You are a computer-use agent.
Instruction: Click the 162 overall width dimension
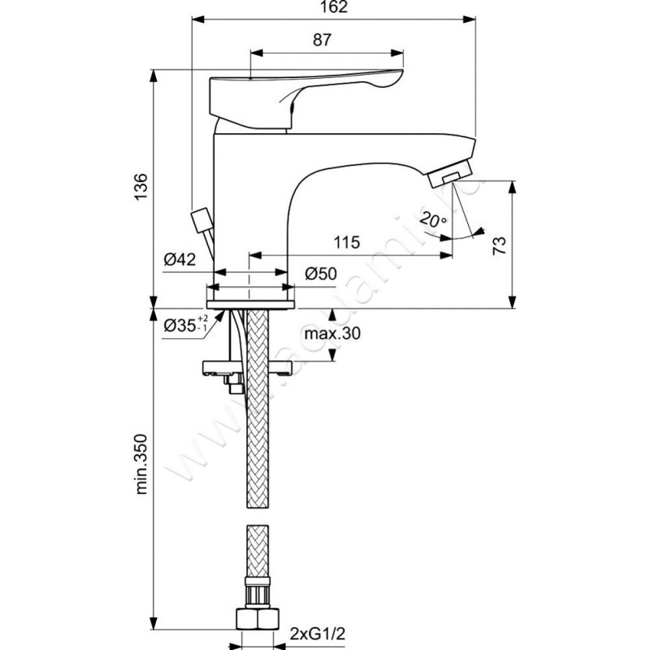pyautogui.click(x=333, y=8)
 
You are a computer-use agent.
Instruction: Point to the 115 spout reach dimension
pyautogui.click(x=346, y=242)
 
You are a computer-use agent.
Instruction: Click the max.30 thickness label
pyautogui.click(x=332, y=334)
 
